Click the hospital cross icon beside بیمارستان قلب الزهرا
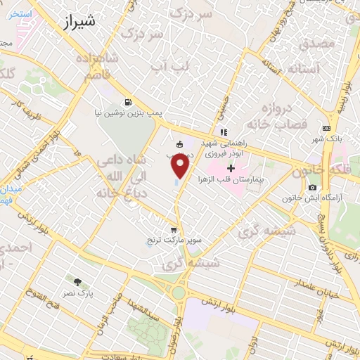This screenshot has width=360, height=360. tap(231, 168)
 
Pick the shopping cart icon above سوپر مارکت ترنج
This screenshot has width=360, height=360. tap(174, 230)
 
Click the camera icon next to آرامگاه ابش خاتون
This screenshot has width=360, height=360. tap(312, 187)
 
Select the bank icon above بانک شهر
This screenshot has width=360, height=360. tap(326, 128)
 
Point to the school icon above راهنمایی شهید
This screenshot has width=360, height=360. tap(224, 131)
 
